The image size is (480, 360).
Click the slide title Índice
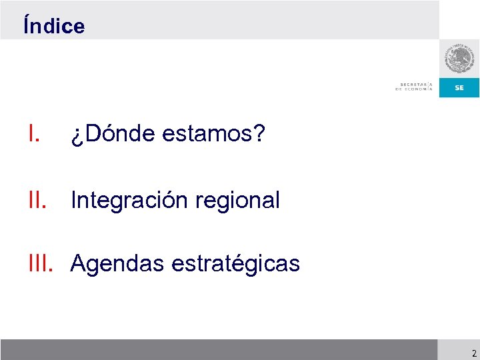click(x=54, y=26)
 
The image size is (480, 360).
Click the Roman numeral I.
click(x=34, y=135)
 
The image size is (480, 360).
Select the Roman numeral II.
click(x=37, y=199)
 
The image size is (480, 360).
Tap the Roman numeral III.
click(x=41, y=264)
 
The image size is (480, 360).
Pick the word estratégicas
click(x=235, y=264)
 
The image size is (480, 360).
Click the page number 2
click(x=473, y=353)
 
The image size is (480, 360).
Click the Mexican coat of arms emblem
click(x=459, y=59)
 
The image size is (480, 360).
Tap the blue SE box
click(x=459, y=88)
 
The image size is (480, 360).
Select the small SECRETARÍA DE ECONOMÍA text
click(x=414, y=87)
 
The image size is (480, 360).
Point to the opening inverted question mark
click(x=75, y=137)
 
